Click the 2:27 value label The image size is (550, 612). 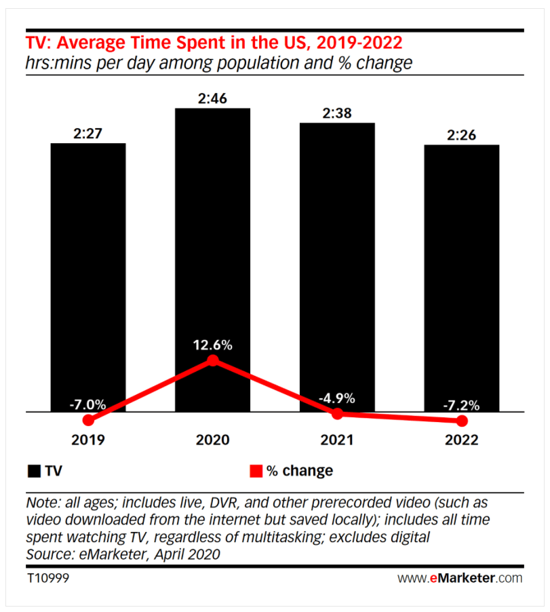88,134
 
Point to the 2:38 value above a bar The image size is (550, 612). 337,113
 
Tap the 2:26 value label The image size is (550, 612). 462,135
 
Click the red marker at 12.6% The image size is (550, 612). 213,360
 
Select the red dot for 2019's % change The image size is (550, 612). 87,421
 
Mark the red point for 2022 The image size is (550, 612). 463,421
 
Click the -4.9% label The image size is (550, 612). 337,398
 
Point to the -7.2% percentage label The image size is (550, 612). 462,406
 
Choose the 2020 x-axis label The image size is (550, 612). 213,440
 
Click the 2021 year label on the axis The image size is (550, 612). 337,440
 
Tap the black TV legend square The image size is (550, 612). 34,471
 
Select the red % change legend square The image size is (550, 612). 256,471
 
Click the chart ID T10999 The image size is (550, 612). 48,579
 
